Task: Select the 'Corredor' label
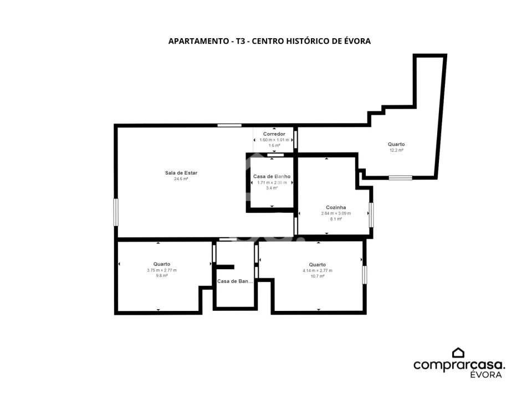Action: (x=274, y=134)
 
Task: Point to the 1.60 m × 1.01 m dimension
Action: (x=274, y=140)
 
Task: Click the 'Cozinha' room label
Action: (x=336, y=208)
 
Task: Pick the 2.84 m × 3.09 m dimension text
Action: (x=336, y=213)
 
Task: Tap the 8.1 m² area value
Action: (x=336, y=219)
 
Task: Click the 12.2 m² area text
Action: (x=396, y=150)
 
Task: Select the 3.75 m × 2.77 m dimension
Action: (x=162, y=270)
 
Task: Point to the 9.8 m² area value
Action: (x=162, y=275)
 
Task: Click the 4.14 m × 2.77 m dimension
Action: (x=318, y=270)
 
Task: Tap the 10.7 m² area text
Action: (x=318, y=275)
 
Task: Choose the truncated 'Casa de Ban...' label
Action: (x=235, y=282)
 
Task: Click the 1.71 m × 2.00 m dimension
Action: (x=272, y=182)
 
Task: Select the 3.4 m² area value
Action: (x=272, y=188)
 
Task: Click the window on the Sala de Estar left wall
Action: (x=116, y=212)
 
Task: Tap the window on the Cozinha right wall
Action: (x=371, y=214)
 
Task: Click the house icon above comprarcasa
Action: (x=458, y=352)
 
